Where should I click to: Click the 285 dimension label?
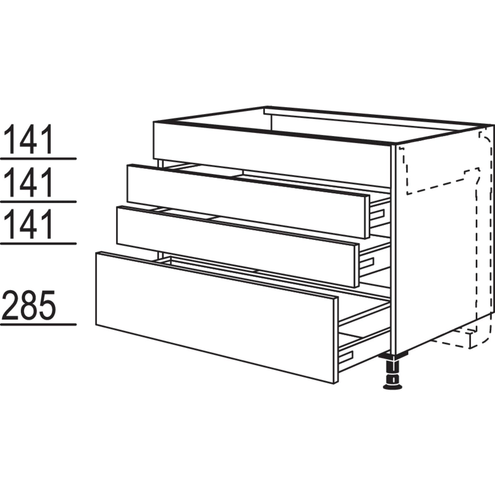30,305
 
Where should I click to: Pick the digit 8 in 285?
30,305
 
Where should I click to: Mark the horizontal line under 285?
38,325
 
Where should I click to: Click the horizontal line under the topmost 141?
38,159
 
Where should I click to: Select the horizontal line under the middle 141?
38,201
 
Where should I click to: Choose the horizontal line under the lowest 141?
38,243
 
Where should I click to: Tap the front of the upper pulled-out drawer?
244,201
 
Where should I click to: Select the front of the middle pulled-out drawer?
235,246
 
